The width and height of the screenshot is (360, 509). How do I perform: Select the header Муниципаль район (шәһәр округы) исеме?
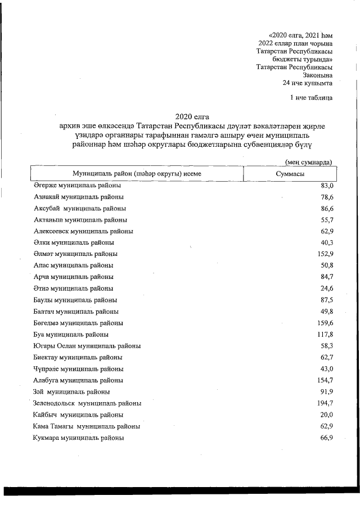click(137, 174)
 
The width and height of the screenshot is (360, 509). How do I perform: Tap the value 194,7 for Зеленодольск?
click(324, 403)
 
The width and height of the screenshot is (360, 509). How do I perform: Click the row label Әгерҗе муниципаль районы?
click(77, 185)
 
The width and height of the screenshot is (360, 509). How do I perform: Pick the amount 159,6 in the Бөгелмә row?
click(324, 323)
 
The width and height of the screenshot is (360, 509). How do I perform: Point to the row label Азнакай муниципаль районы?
click(79, 197)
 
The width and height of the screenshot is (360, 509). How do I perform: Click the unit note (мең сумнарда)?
click(308, 163)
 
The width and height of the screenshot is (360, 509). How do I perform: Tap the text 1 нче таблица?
click(310, 98)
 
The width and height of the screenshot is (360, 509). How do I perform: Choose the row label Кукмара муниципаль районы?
click(79, 438)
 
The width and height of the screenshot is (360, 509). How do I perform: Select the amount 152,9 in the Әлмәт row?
click(324, 254)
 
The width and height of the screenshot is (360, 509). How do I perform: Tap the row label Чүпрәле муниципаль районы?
click(79, 369)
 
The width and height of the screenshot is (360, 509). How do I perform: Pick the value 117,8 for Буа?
click(324, 334)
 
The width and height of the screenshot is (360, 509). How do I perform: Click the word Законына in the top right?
click(317, 75)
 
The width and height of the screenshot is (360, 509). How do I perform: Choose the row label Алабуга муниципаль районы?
click(79, 380)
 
